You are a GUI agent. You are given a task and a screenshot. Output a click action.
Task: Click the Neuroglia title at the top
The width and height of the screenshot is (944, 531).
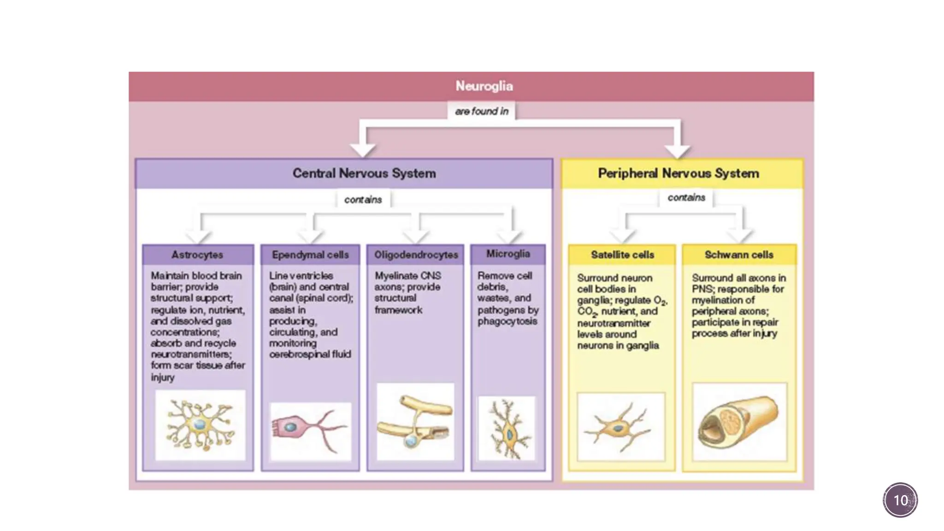pyautogui.click(x=484, y=86)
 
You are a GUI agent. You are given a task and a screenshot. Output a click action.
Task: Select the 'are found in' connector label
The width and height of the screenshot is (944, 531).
pyautogui.click(x=481, y=111)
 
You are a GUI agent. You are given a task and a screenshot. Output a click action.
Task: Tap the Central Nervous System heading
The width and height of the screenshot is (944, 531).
pyautogui.click(x=364, y=173)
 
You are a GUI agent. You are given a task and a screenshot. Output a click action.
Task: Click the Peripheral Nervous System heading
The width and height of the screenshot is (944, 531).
pyautogui.click(x=678, y=173)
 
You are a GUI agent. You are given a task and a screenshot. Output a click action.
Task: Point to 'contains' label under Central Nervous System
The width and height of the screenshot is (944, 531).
pyautogui.click(x=363, y=200)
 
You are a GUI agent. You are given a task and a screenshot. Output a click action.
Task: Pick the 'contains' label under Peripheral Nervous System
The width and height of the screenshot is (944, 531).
pyautogui.click(x=686, y=197)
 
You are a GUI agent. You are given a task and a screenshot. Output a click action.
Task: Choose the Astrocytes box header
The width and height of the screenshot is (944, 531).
pyautogui.click(x=197, y=254)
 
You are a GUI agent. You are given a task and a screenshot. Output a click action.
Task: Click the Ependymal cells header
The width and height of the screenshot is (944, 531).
pyautogui.click(x=310, y=254)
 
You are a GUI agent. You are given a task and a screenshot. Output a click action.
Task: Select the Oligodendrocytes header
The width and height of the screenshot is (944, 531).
pyautogui.click(x=416, y=254)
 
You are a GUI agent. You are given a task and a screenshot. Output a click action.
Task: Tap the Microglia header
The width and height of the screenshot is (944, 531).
pyautogui.click(x=508, y=254)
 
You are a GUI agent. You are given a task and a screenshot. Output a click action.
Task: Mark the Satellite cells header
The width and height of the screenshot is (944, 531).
pyautogui.click(x=622, y=254)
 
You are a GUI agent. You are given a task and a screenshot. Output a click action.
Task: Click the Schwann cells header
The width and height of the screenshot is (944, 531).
pyautogui.click(x=739, y=254)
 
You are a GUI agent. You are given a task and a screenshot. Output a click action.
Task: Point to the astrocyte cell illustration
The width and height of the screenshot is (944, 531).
pyautogui.click(x=200, y=425)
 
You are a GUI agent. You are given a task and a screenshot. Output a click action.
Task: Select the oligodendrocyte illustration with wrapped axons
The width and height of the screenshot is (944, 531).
pyautogui.click(x=415, y=421)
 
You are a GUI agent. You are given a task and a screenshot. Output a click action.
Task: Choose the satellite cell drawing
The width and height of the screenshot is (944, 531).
pyautogui.click(x=620, y=427)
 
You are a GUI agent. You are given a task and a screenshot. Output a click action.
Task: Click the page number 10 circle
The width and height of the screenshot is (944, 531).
pyautogui.click(x=900, y=500)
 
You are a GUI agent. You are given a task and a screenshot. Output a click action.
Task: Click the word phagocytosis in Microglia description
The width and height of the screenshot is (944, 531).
pyautogui.click(x=507, y=321)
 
